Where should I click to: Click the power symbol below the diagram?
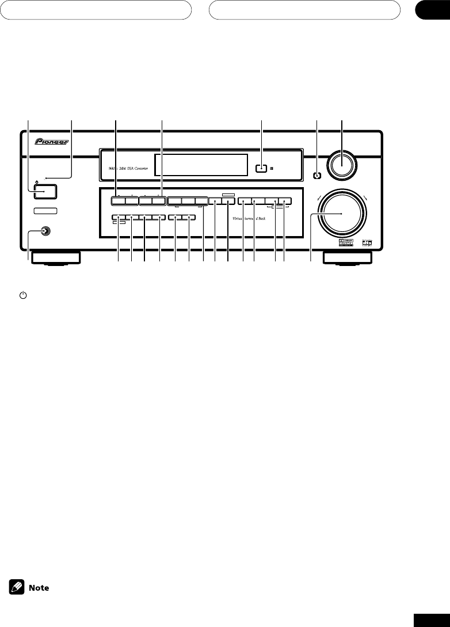(x=23, y=295)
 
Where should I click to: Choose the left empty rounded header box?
(x=96, y=10)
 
